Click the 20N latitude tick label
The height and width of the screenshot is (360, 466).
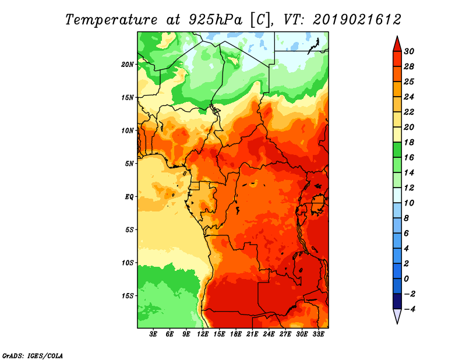click(128, 65)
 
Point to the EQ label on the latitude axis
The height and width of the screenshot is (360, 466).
click(129, 197)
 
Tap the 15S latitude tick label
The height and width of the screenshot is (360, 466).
click(128, 296)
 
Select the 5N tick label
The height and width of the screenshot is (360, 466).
click(129, 164)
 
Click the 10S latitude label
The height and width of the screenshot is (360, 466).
click(128, 263)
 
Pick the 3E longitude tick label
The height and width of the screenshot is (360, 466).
click(153, 334)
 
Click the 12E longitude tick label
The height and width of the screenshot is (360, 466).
click(203, 334)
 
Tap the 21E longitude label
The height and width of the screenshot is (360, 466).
click(252, 334)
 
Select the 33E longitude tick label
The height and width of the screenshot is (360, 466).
click(318, 334)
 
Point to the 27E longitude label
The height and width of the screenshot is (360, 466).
click(285, 334)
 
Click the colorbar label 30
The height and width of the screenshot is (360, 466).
click(409, 51)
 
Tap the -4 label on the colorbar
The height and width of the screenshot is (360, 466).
click(409, 309)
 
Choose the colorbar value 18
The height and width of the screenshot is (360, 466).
click(409, 142)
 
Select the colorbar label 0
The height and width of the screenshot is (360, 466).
click(406, 279)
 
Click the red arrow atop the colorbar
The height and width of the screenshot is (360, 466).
click(397, 44)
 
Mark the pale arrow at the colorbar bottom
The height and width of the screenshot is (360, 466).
click(397, 316)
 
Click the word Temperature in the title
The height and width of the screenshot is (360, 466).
click(111, 20)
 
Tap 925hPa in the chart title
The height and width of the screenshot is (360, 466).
click(216, 20)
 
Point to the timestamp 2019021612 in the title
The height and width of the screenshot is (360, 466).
click(357, 20)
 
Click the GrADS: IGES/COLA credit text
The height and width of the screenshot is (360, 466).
click(33, 356)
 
